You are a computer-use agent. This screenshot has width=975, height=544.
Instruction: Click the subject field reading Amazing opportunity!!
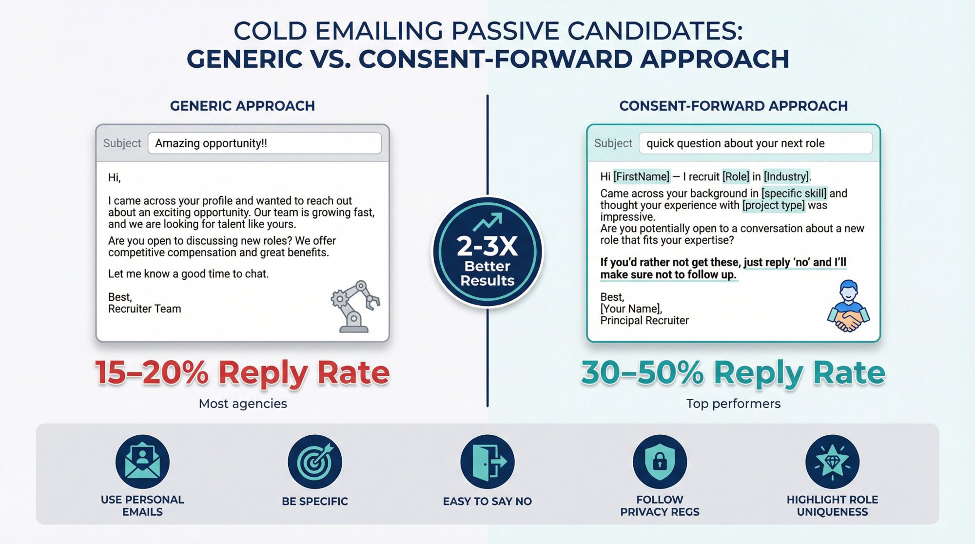coord(264,143)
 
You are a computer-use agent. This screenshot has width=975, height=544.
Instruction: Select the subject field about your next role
coord(755,143)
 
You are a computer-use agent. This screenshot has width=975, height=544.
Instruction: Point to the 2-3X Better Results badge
coord(487,252)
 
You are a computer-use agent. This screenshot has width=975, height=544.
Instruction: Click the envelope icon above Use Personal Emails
coord(142,462)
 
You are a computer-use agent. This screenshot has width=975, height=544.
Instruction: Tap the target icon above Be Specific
coord(315,462)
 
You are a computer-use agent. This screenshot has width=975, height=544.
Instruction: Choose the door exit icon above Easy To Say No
coord(487,462)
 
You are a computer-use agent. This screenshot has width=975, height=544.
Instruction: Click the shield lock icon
coord(660,462)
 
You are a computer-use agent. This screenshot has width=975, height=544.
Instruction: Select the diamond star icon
coord(832,462)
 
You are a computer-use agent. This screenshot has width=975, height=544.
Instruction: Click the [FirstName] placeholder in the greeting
coord(642,176)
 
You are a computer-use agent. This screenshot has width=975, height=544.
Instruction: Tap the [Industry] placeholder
coord(786,176)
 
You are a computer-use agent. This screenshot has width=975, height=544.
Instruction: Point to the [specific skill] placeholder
coord(794,194)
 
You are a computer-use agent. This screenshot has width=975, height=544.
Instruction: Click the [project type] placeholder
coord(773,205)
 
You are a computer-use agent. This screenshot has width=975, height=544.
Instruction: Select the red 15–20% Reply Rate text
coord(242,373)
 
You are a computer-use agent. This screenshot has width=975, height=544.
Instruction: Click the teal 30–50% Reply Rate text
coord(733,373)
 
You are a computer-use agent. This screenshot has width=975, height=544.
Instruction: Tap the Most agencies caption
coord(243,404)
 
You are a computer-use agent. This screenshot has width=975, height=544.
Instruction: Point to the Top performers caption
coord(733,404)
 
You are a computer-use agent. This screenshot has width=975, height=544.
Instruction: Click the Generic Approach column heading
coord(242,106)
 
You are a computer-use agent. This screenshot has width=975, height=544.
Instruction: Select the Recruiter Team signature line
coord(145,309)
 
